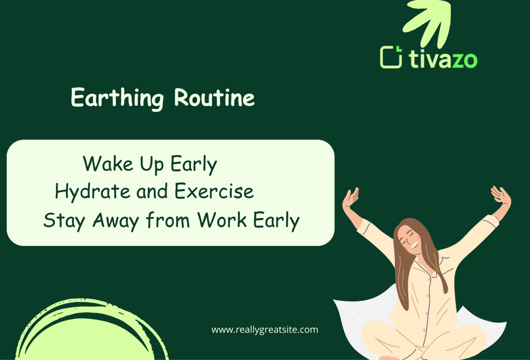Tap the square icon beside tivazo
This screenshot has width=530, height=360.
(x=391, y=57)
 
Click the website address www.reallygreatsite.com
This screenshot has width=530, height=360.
(x=264, y=329)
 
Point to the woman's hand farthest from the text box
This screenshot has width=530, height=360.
(x=500, y=196)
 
